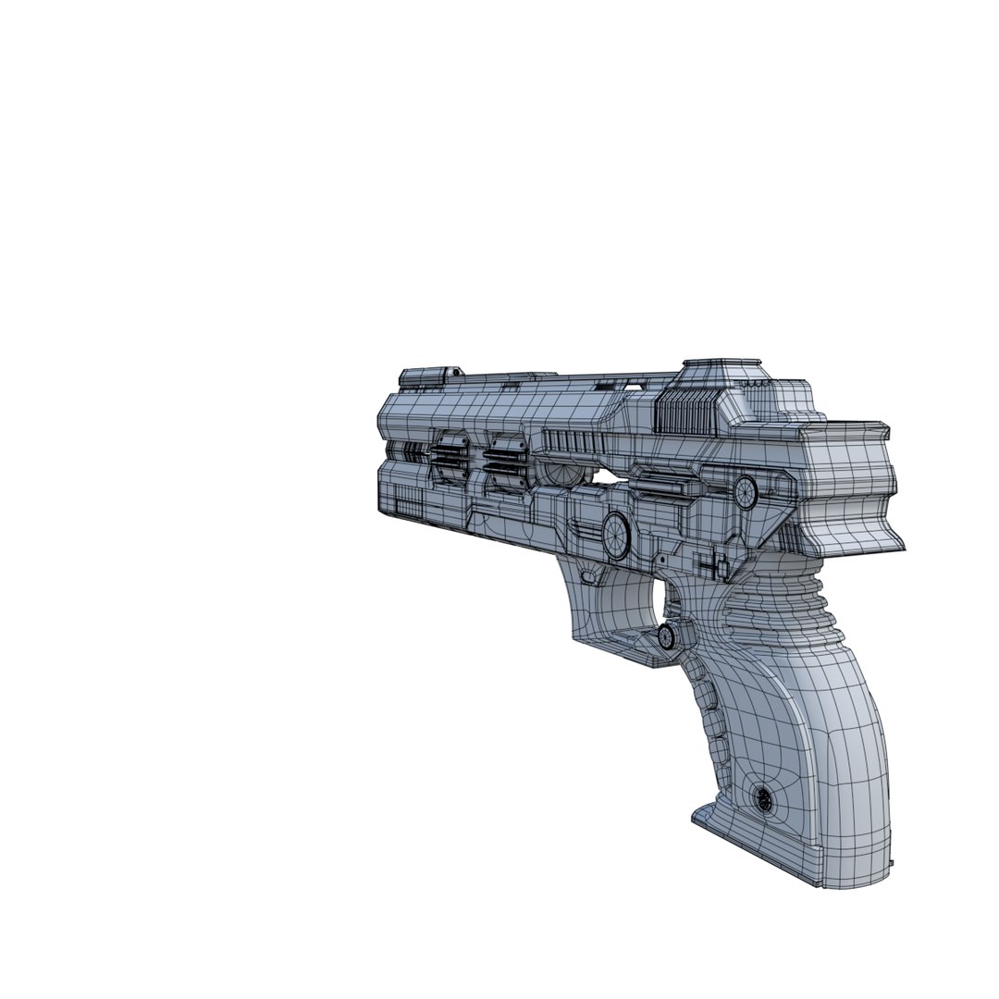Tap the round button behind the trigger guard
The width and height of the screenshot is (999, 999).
click(x=666, y=635)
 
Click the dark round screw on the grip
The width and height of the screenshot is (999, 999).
click(x=764, y=796)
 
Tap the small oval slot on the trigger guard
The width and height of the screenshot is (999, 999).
click(x=587, y=575)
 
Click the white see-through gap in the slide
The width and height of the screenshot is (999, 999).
click(x=606, y=477)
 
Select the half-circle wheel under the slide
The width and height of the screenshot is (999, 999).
click(x=561, y=473)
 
